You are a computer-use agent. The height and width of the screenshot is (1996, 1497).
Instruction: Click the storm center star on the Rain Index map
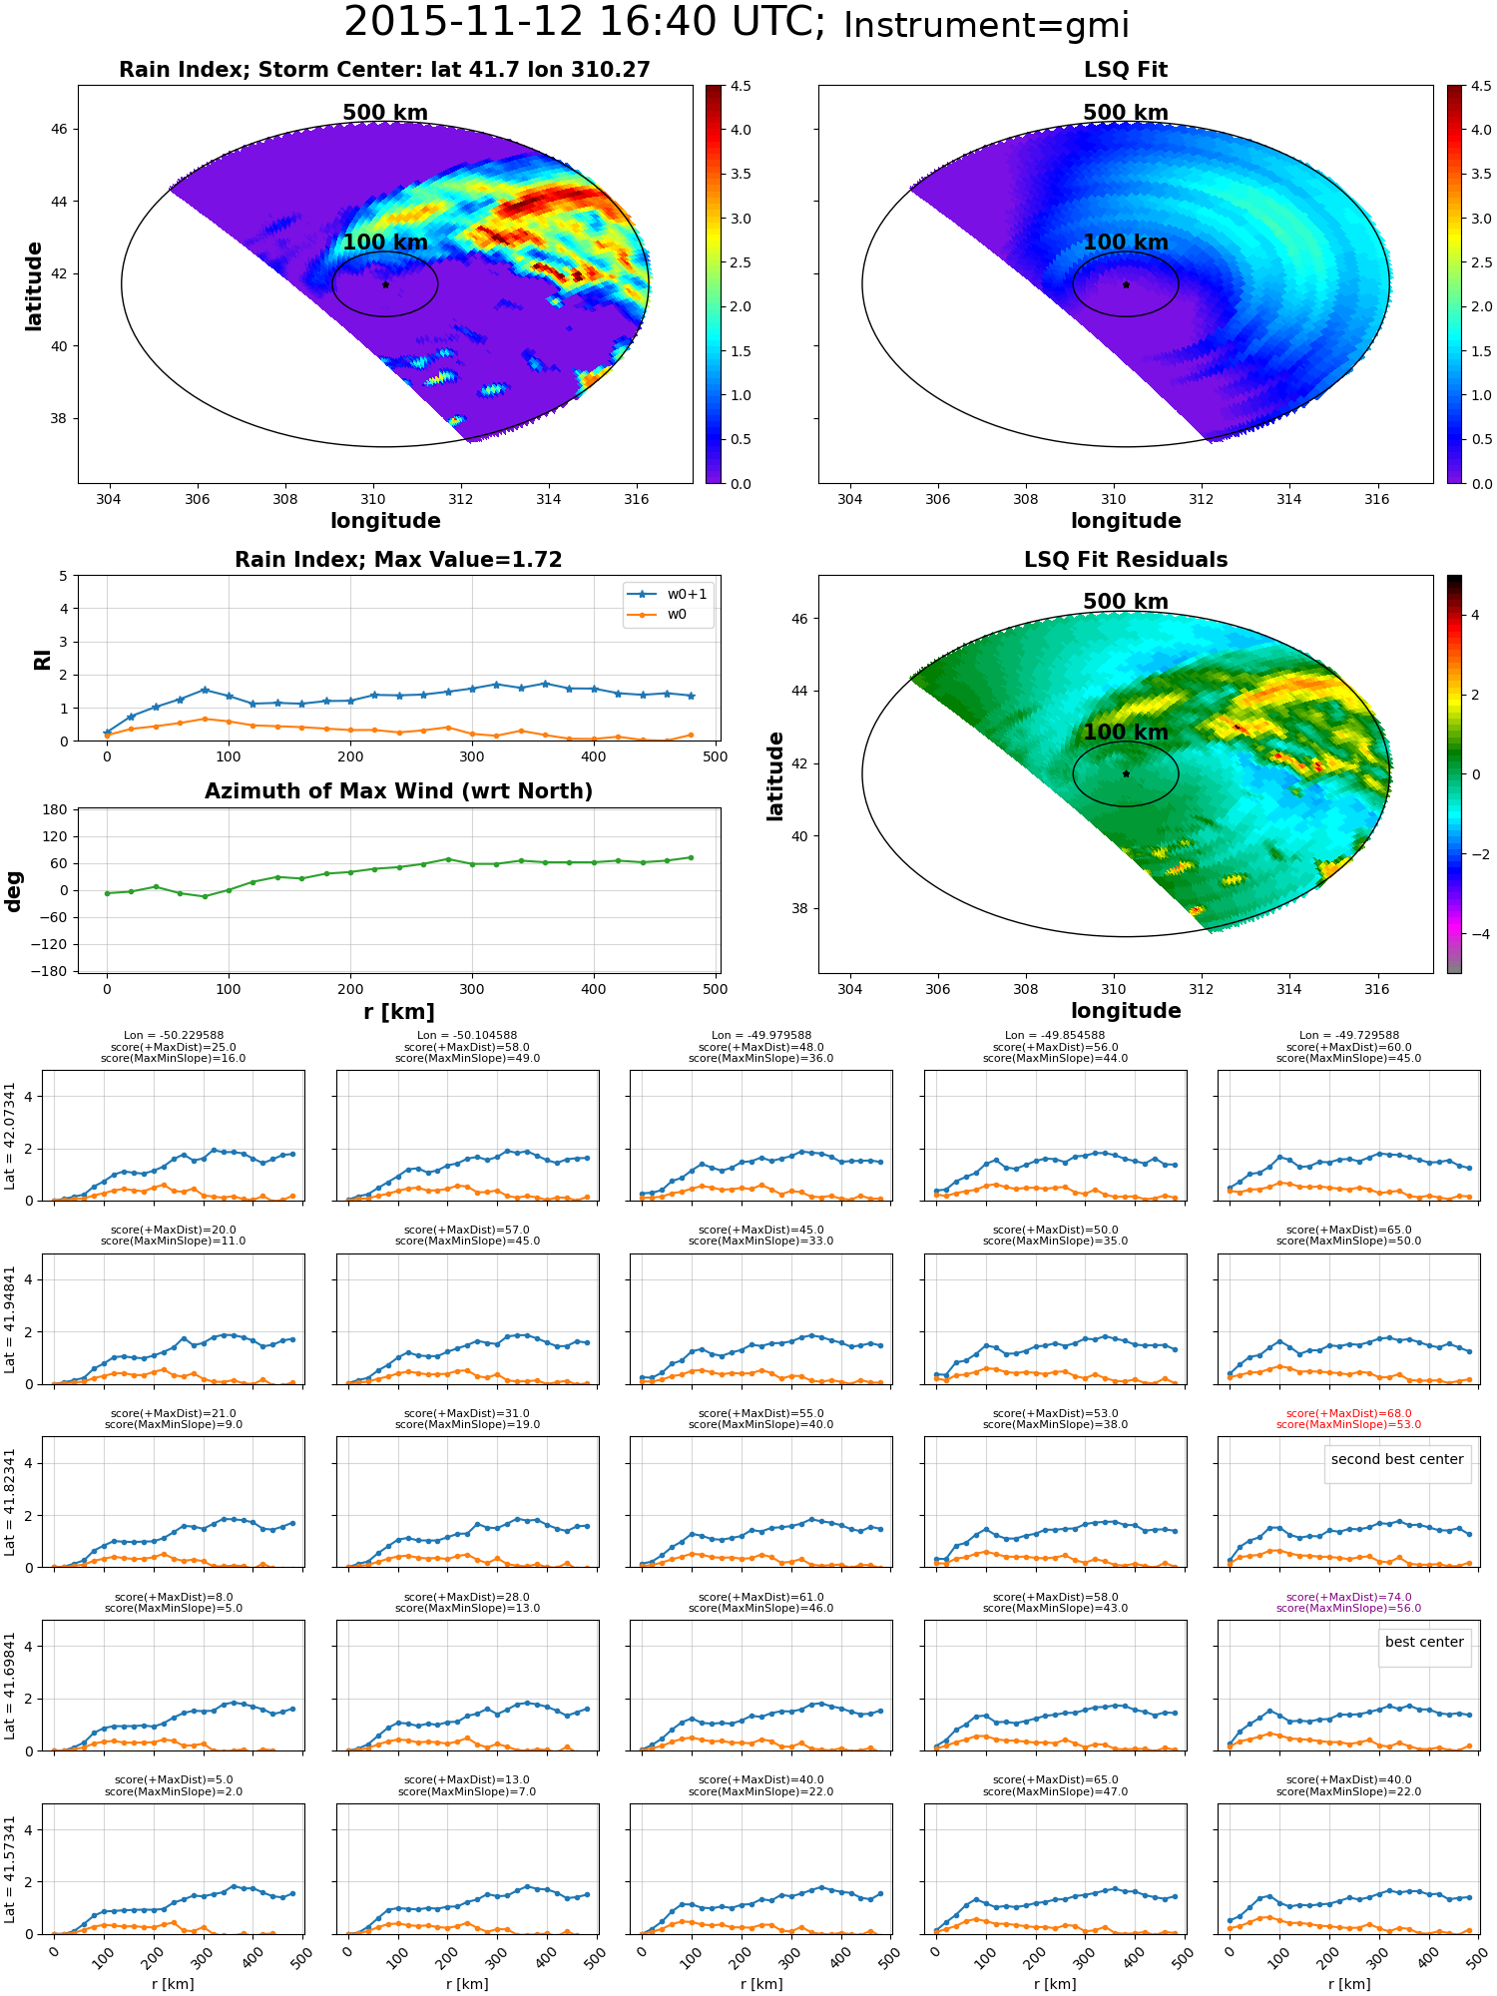click(385, 284)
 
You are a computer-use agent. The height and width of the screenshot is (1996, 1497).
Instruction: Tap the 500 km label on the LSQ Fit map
click(1126, 113)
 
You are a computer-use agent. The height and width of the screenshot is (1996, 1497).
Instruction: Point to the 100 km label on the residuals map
click(1126, 733)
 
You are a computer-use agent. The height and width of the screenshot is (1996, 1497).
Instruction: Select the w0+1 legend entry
click(669, 594)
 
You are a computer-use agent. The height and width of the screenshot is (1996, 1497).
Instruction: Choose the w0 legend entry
click(658, 615)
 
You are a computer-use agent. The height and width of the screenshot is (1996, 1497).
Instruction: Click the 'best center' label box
click(1424, 1642)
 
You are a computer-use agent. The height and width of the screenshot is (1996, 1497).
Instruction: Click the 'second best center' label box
click(1397, 1459)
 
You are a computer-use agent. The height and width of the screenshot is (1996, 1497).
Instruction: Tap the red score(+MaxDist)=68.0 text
click(1348, 1413)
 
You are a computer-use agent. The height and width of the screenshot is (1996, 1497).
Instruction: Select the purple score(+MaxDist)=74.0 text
click(1348, 1597)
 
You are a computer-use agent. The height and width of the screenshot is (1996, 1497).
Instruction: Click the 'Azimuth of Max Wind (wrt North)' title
click(398, 791)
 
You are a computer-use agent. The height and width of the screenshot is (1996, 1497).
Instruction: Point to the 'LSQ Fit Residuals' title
click(1126, 560)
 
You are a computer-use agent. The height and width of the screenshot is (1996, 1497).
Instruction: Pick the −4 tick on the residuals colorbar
click(1474, 934)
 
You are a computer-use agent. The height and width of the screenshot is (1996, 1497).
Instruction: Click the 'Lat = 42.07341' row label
click(11, 1136)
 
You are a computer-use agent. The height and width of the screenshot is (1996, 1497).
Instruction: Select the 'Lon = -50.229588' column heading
click(174, 1036)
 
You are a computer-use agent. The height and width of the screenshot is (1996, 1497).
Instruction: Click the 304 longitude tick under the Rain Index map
click(109, 499)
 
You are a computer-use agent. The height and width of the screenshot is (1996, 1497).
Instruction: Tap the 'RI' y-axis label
click(42, 659)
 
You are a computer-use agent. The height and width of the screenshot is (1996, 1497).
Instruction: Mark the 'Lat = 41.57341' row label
click(11, 1869)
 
